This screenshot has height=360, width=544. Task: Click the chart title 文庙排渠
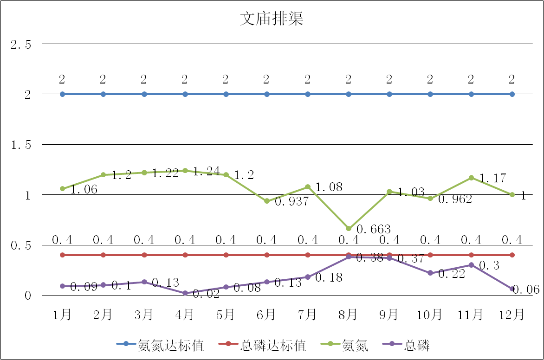(x=272, y=19)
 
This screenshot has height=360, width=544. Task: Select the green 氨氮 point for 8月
(x=349, y=228)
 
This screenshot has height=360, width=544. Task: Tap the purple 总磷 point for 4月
(x=185, y=293)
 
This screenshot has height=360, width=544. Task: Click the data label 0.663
(x=374, y=229)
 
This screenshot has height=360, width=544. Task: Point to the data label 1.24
(x=206, y=172)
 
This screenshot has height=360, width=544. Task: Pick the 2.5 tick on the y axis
(x=21, y=45)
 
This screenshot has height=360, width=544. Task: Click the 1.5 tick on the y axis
(x=21, y=145)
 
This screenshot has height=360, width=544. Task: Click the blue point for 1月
(x=63, y=94)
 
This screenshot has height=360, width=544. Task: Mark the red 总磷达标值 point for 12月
(x=512, y=255)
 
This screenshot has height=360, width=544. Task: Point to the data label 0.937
(x=291, y=202)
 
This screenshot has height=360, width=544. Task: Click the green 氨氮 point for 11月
(x=471, y=178)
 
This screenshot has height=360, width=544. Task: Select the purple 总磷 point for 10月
(x=430, y=273)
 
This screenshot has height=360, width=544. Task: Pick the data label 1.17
(x=492, y=179)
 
